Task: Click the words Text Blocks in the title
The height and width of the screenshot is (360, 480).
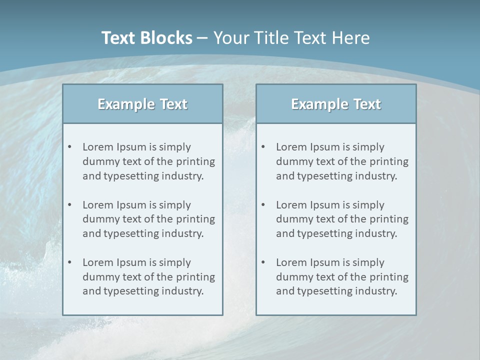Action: coord(146,38)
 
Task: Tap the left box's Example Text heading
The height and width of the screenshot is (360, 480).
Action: coord(142,104)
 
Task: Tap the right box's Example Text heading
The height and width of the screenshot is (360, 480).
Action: coord(336,104)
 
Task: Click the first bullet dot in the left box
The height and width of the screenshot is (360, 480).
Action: coord(70,147)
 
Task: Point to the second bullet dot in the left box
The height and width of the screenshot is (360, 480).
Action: coord(70,205)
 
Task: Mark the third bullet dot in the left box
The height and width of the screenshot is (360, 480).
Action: coord(70,262)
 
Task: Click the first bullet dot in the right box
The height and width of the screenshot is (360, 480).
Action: coord(263,147)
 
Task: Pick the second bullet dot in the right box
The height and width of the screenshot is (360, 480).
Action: coord(263,205)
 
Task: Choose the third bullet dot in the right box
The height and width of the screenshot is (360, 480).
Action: coord(263,262)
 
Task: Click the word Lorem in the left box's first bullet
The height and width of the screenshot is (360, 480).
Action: coord(97,147)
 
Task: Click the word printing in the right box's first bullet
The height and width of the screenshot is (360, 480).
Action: coord(389,161)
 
